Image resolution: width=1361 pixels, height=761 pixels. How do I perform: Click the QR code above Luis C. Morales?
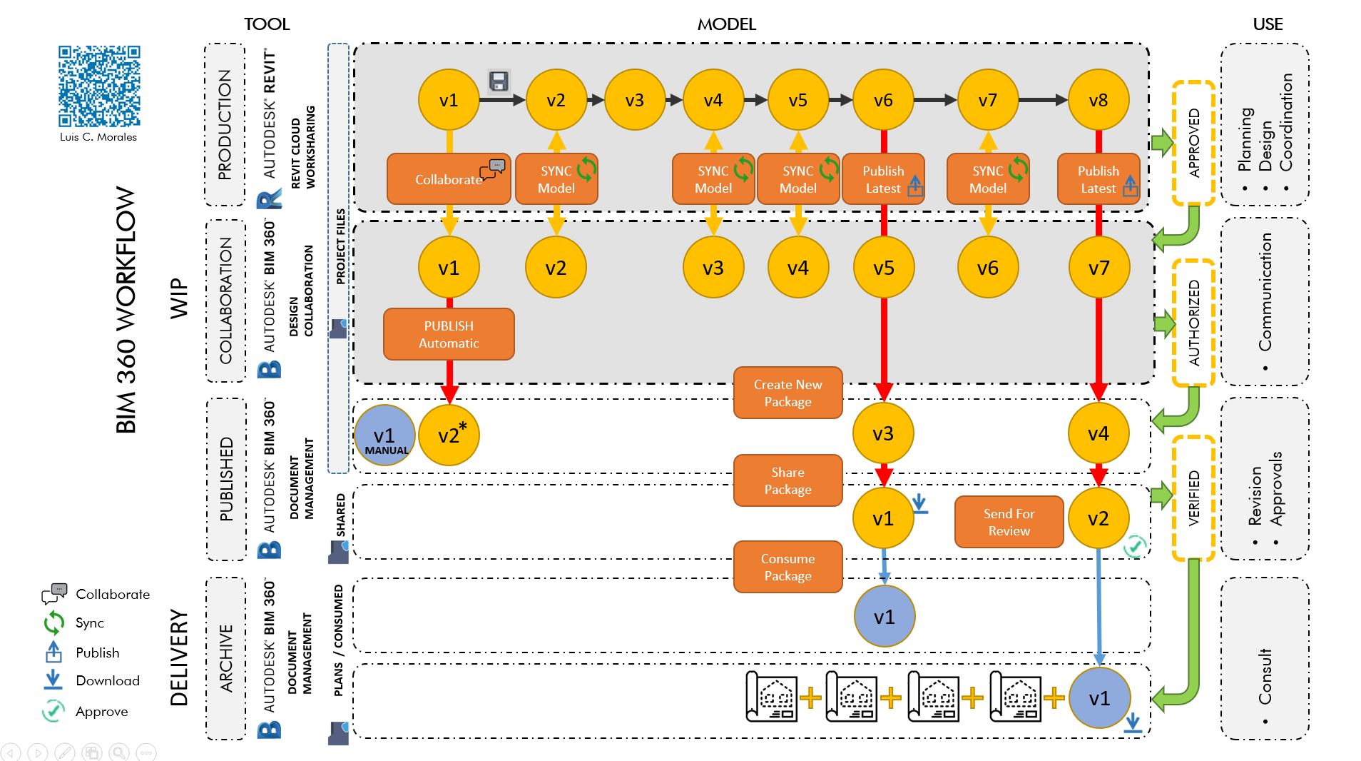(x=99, y=86)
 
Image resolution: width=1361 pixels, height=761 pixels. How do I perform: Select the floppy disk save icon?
(x=499, y=81)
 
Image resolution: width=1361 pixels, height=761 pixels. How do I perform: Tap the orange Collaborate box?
(x=448, y=179)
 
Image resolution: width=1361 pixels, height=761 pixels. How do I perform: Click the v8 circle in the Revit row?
(x=1098, y=100)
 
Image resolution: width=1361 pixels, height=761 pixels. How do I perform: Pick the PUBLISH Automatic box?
(x=449, y=334)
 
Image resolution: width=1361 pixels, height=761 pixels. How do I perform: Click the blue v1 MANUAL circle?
(x=384, y=435)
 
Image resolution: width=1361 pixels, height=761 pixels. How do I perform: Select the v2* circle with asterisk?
(x=449, y=435)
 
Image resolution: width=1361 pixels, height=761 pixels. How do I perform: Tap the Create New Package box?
(x=787, y=393)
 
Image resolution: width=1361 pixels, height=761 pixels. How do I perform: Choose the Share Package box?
(x=787, y=480)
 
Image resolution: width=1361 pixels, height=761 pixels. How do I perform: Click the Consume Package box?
(x=787, y=567)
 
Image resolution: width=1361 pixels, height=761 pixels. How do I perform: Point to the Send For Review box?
(x=1009, y=522)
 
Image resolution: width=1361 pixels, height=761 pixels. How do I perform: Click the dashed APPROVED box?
(x=1193, y=143)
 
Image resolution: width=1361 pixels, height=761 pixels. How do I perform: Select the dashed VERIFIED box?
(x=1193, y=498)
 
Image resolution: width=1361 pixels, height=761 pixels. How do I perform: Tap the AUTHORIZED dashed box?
(x=1193, y=323)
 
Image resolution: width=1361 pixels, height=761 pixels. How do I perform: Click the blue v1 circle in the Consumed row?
(x=884, y=617)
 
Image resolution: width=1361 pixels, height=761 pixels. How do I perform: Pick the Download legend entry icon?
(x=53, y=680)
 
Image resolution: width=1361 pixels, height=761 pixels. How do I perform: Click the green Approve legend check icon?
(x=53, y=711)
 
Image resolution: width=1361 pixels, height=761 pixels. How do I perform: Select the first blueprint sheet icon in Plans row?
(x=771, y=697)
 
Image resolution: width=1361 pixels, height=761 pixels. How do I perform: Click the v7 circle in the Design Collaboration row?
(x=1099, y=268)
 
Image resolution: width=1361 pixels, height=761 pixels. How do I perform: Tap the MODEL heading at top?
(x=726, y=24)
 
